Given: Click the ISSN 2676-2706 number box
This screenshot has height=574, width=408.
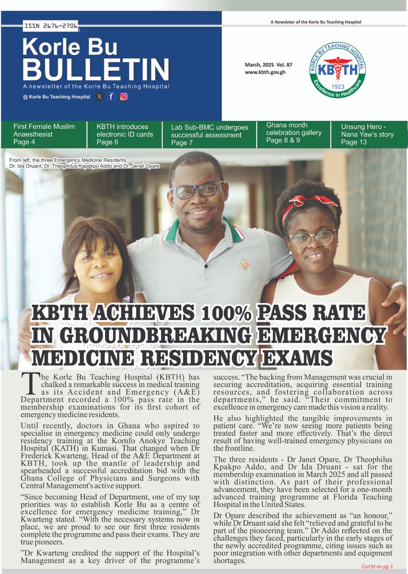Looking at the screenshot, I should [51, 26].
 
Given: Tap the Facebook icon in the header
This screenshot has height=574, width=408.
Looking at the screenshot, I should [111, 97].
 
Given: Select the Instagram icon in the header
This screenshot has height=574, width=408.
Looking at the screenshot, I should [124, 97].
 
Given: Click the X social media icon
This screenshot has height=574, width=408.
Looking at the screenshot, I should [99, 97].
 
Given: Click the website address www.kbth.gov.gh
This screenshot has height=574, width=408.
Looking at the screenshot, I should [265, 72].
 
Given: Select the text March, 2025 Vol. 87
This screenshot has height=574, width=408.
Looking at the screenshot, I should [268, 65].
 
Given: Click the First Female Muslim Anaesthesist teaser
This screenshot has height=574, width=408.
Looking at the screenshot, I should [44, 134].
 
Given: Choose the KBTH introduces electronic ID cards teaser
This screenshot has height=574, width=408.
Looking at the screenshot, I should [125, 134].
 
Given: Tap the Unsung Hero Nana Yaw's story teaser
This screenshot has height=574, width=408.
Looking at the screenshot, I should [367, 134].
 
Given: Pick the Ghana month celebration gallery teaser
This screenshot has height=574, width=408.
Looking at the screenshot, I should [294, 133].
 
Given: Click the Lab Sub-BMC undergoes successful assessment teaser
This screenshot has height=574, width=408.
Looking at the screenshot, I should [209, 135].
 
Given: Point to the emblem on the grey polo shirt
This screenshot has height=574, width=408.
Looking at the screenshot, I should [244, 265].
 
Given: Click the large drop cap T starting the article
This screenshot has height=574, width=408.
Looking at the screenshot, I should [30, 383].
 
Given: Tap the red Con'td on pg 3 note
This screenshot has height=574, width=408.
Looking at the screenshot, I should [377, 566].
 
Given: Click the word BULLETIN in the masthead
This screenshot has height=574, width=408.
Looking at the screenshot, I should [96, 69].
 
